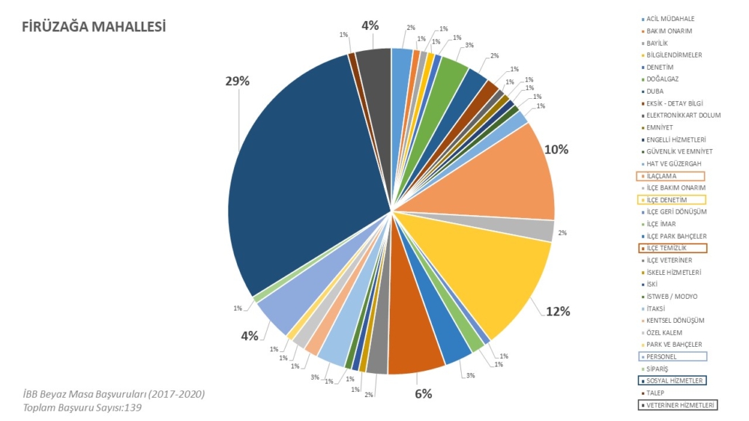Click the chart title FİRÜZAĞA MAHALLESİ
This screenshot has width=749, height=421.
95,28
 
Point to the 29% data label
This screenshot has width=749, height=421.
237,81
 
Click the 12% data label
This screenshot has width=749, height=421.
558,311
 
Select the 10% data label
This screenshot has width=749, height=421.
556,150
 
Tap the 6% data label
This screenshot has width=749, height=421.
423,393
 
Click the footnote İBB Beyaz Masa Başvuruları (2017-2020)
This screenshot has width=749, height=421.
113,394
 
